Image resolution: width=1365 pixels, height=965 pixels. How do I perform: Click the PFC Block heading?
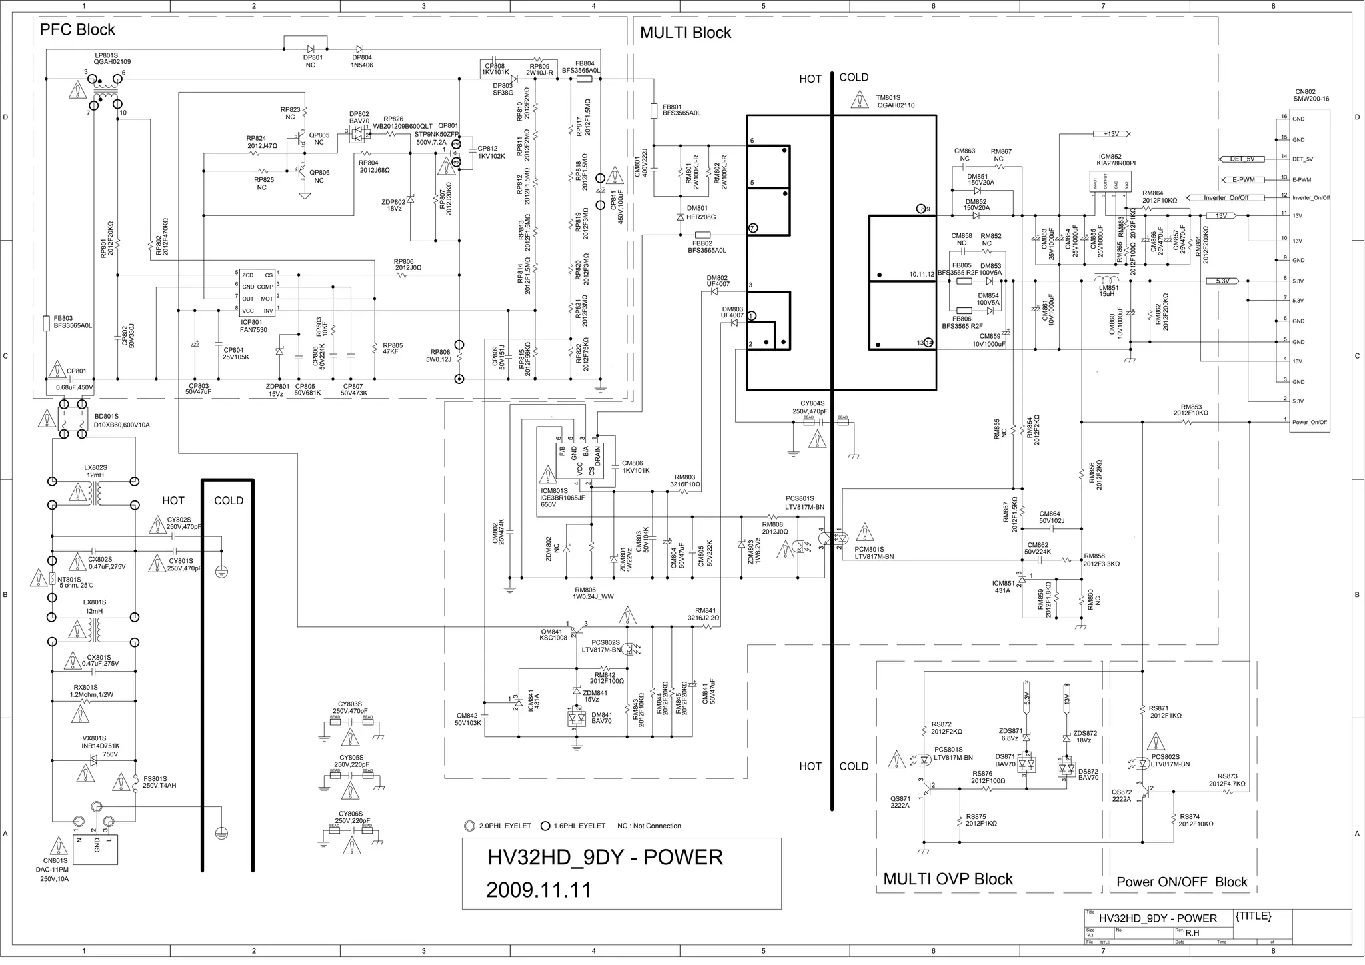click(x=77, y=30)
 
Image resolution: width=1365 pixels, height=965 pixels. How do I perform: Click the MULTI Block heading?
click(x=685, y=33)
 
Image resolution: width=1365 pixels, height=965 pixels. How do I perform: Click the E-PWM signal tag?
click(x=1243, y=179)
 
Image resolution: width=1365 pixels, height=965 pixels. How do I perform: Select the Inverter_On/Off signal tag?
click(x=1226, y=198)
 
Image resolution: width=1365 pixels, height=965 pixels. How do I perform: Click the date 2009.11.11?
click(x=539, y=890)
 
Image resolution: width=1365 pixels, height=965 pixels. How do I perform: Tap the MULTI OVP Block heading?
click(x=948, y=879)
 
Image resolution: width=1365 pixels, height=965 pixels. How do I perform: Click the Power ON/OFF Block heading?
click(x=1182, y=882)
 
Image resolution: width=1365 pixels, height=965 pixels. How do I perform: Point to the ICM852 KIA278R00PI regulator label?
click(x=1116, y=159)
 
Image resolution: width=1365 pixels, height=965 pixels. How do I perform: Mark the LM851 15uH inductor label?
click(x=1108, y=291)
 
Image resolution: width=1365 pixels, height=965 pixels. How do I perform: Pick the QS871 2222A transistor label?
click(x=900, y=802)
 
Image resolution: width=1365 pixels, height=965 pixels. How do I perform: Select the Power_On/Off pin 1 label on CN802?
click(x=1309, y=422)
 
